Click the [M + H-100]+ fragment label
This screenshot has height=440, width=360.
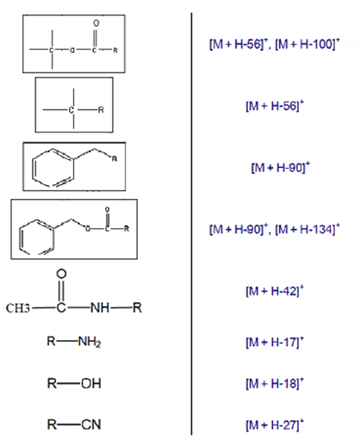tap(307, 44)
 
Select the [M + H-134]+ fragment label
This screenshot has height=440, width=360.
tap(307, 229)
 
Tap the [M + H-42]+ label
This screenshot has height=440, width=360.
tap(275, 291)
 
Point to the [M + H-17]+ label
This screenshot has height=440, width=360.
tap(275, 342)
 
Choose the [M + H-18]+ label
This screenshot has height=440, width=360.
tap(275, 383)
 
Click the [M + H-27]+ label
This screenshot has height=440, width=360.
tap(275, 425)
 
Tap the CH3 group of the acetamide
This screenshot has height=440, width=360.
tap(18, 308)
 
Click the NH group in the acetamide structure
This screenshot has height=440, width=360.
tap(100, 308)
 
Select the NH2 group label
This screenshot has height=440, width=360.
tap(90, 342)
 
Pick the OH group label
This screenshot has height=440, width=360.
tap(91, 383)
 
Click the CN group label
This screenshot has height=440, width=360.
tap(91, 425)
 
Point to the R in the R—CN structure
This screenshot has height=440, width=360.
tap(52, 425)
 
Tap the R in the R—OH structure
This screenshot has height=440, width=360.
tap(52, 383)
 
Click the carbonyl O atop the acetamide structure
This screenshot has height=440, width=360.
tap(61, 274)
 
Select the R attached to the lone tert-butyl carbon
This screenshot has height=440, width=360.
tap(101, 110)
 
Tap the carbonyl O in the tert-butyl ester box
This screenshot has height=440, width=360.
tap(96, 23)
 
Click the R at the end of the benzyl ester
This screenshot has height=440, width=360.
tap(127, 228)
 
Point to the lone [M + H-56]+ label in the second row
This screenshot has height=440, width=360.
tap(275, 106)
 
